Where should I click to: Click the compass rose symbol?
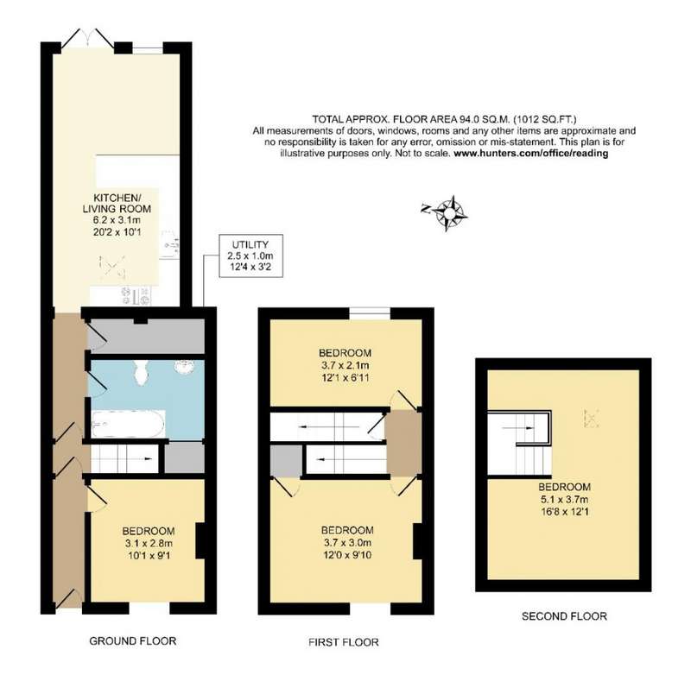[448, 213]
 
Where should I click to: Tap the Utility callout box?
[250, 255]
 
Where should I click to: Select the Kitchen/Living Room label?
[117, 203]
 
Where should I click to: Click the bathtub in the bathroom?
[128, 424]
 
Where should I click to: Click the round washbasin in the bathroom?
[185, 366]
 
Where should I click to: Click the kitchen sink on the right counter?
[170, 244]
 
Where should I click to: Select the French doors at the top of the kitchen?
[87, 39]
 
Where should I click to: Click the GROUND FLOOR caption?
[133, 640]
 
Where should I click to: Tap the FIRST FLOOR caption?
[343, 642]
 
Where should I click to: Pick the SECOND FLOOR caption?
[564, 616]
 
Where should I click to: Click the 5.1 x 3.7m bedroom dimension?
[565, 499]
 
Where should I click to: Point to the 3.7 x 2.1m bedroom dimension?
[345, 365]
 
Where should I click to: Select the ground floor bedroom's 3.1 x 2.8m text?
[149, 543]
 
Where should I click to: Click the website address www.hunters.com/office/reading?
[530, 154]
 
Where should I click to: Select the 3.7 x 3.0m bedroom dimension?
[347, 542]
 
